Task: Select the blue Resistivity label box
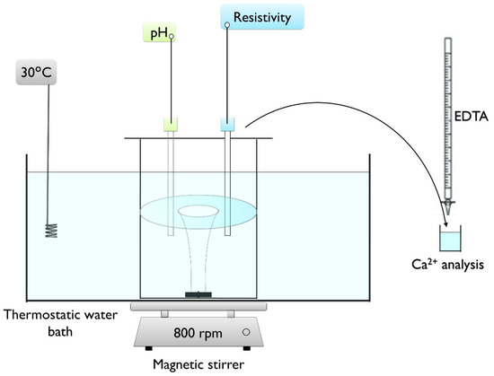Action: coord(261,16)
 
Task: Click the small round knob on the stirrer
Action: coord(246,333)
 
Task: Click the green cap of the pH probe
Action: coord(170,125)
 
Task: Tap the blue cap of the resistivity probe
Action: coord(226,125)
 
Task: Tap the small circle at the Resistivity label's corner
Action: coord(227,24)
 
